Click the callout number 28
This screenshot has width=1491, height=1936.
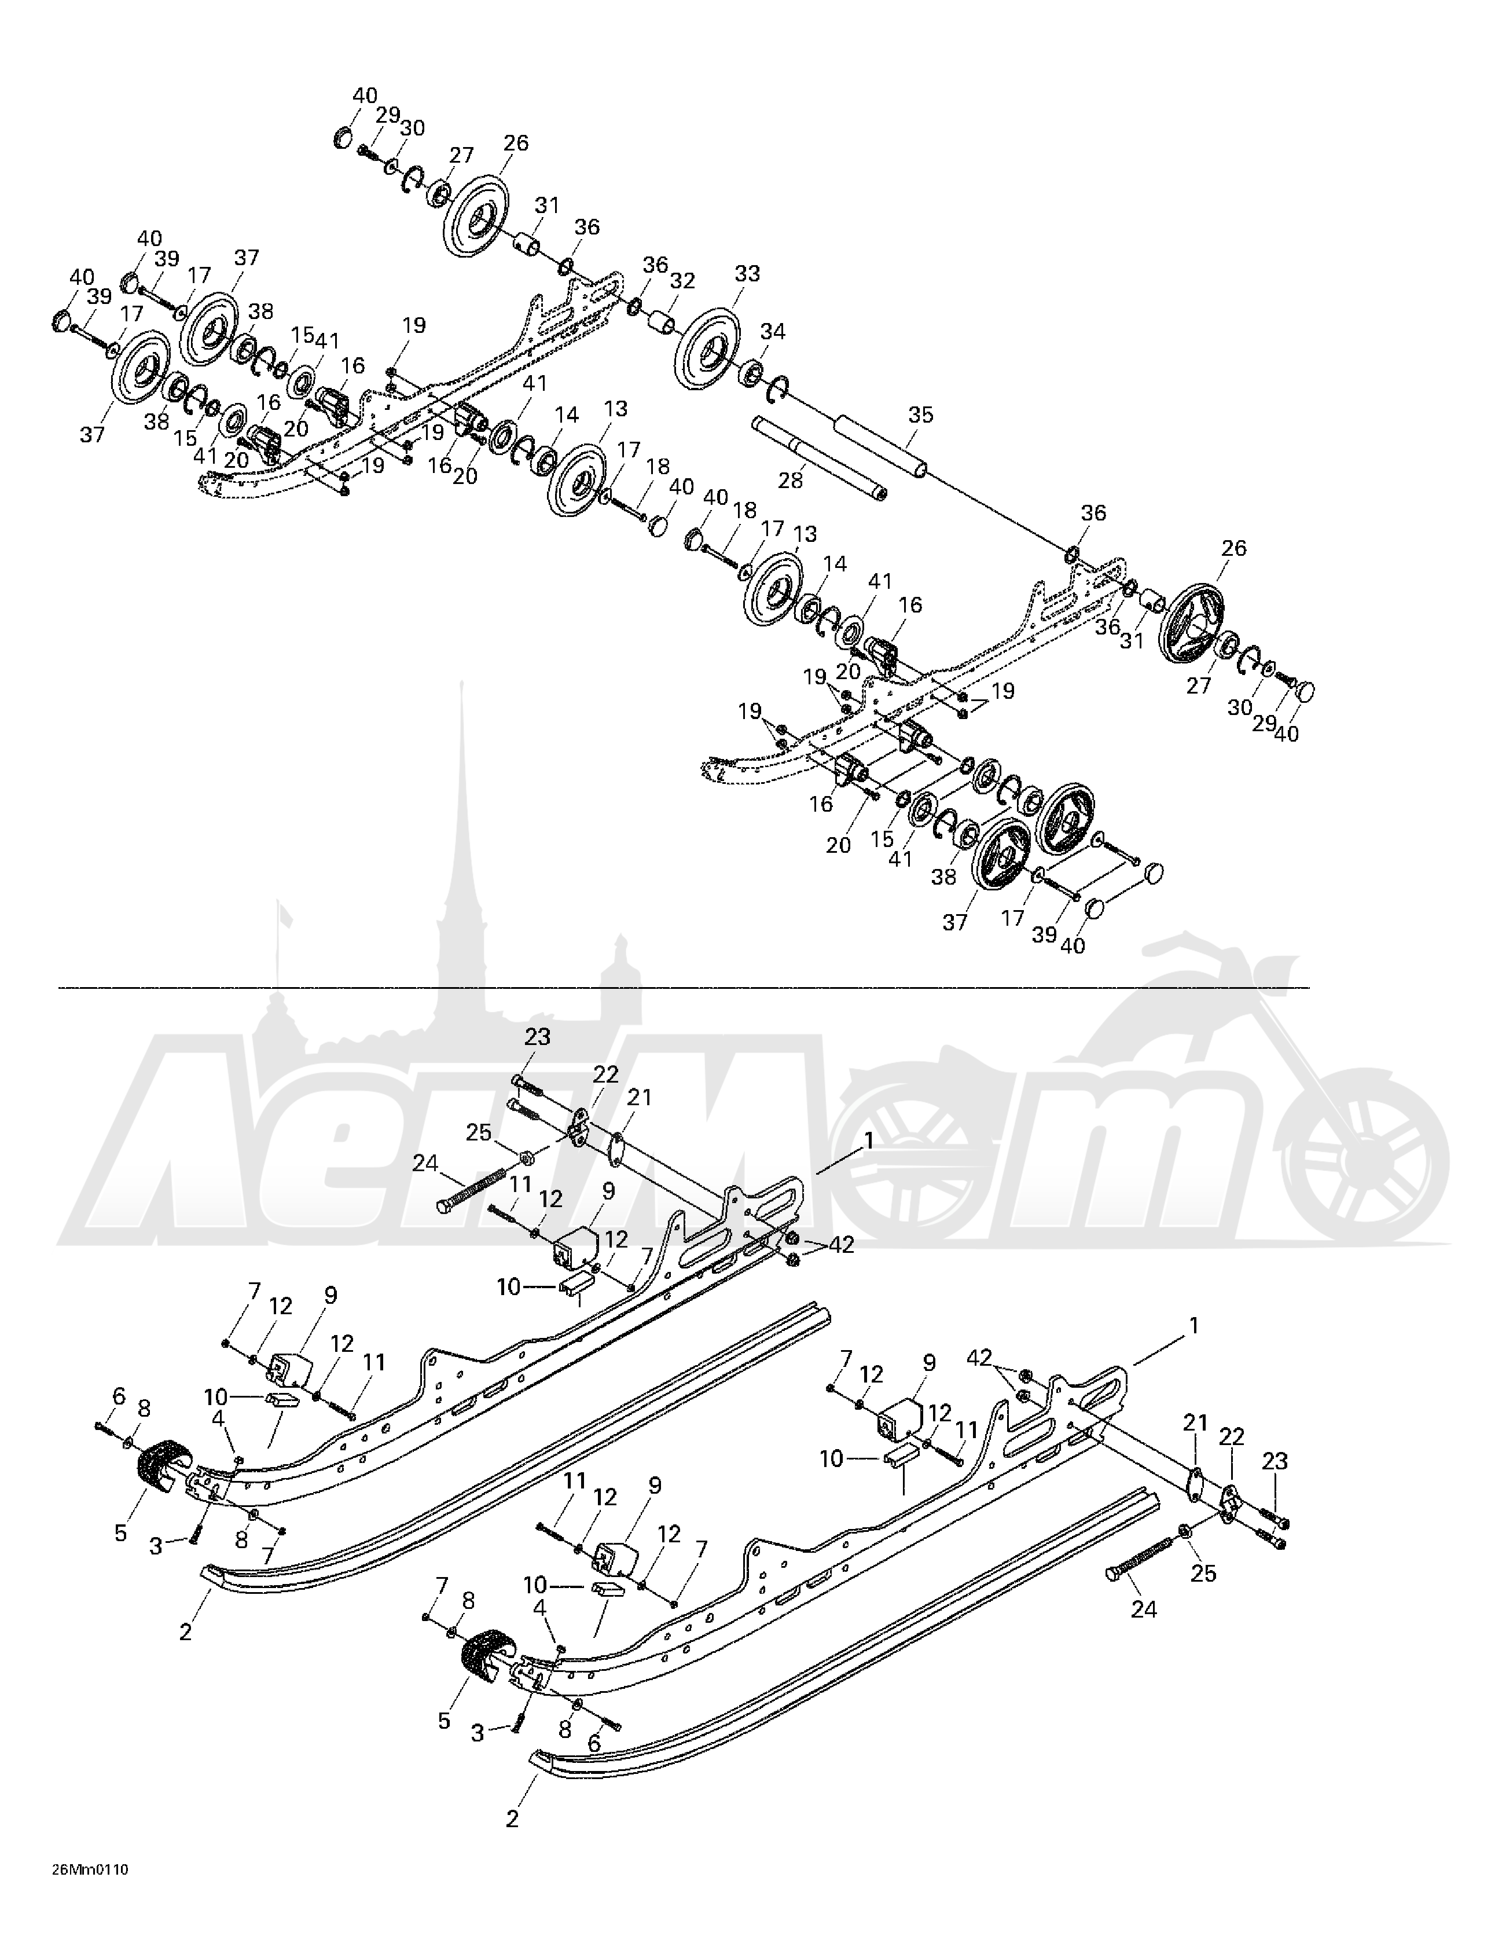(x=790, y=481)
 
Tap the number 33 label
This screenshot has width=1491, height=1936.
(x=747, y=274)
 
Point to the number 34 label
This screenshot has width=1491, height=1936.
(x=773, y=332)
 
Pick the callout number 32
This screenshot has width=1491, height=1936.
(x=682, y=281)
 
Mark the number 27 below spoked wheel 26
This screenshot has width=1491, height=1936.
(x=1199, y=685)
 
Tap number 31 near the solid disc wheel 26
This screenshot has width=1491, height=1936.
(x=547, y=205)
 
